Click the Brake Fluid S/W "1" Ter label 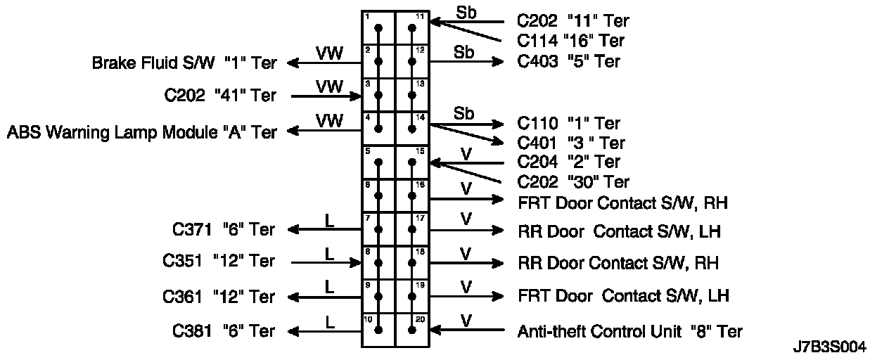click(184, 63)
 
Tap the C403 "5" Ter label click(569, 61)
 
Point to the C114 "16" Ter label click(570, 41)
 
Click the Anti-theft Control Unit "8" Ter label click(629, 330)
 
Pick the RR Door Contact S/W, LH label click(619, 231)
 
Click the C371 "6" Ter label click(224, 229)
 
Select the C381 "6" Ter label click(224, 330)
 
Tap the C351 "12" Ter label click(219, 261)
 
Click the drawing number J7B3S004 click(829, 347)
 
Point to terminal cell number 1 click(378, 28)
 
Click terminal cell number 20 click(412, 330)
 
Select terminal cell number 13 click(412, 95)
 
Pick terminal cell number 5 click(378, 162)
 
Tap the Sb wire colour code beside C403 click(463, 53)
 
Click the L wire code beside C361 click(329, 286)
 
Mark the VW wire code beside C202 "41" click(329, 86)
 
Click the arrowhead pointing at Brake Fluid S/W click(292, 63)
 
